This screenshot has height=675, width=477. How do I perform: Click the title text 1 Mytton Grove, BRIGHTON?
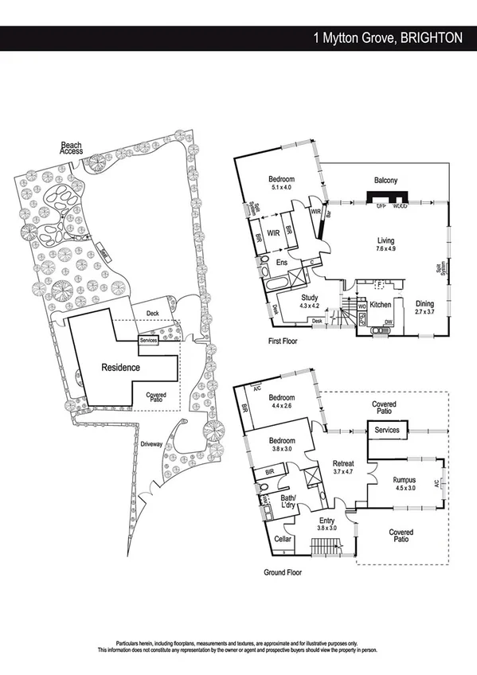coord(388,37)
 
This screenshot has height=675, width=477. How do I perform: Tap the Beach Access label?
coord(72,148)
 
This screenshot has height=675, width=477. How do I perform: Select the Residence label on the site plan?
coord(120,368)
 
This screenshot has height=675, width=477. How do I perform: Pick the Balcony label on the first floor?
coord(385,180)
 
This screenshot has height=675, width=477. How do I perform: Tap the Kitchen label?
coord(381,305)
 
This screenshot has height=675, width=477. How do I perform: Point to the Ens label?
coord(281,262)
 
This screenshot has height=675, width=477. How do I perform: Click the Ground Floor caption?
coord(283,572)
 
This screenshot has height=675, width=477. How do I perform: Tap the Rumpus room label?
coord(405,480)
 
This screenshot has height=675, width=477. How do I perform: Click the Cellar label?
coord(283,540)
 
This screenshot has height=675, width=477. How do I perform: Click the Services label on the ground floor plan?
coord(387,431)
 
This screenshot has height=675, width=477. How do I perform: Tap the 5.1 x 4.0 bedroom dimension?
coord(283,188)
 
